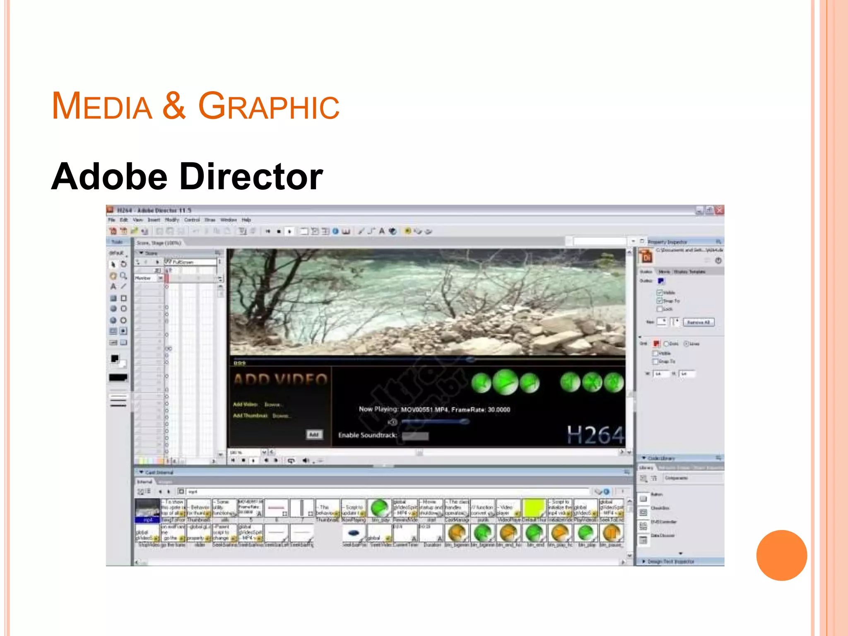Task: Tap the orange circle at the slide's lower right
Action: [x=781, y=555]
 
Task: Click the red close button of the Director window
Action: [x=720, y=210]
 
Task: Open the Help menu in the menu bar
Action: [x=246, y=220]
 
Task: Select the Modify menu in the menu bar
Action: [x=172, y=220]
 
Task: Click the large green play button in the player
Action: [x=505, y=382]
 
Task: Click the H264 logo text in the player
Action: [x=595, y=435]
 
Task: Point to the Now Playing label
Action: [x=378, y=409]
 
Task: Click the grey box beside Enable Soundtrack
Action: [x=415, y=436]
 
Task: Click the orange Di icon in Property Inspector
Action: [x=646, y=257]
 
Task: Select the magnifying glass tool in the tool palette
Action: [x=123, y=275]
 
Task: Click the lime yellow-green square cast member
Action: [x=534, y=508]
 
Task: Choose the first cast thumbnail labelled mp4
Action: [x=147, y=510]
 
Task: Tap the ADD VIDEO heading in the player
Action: [x=280, y=379]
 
